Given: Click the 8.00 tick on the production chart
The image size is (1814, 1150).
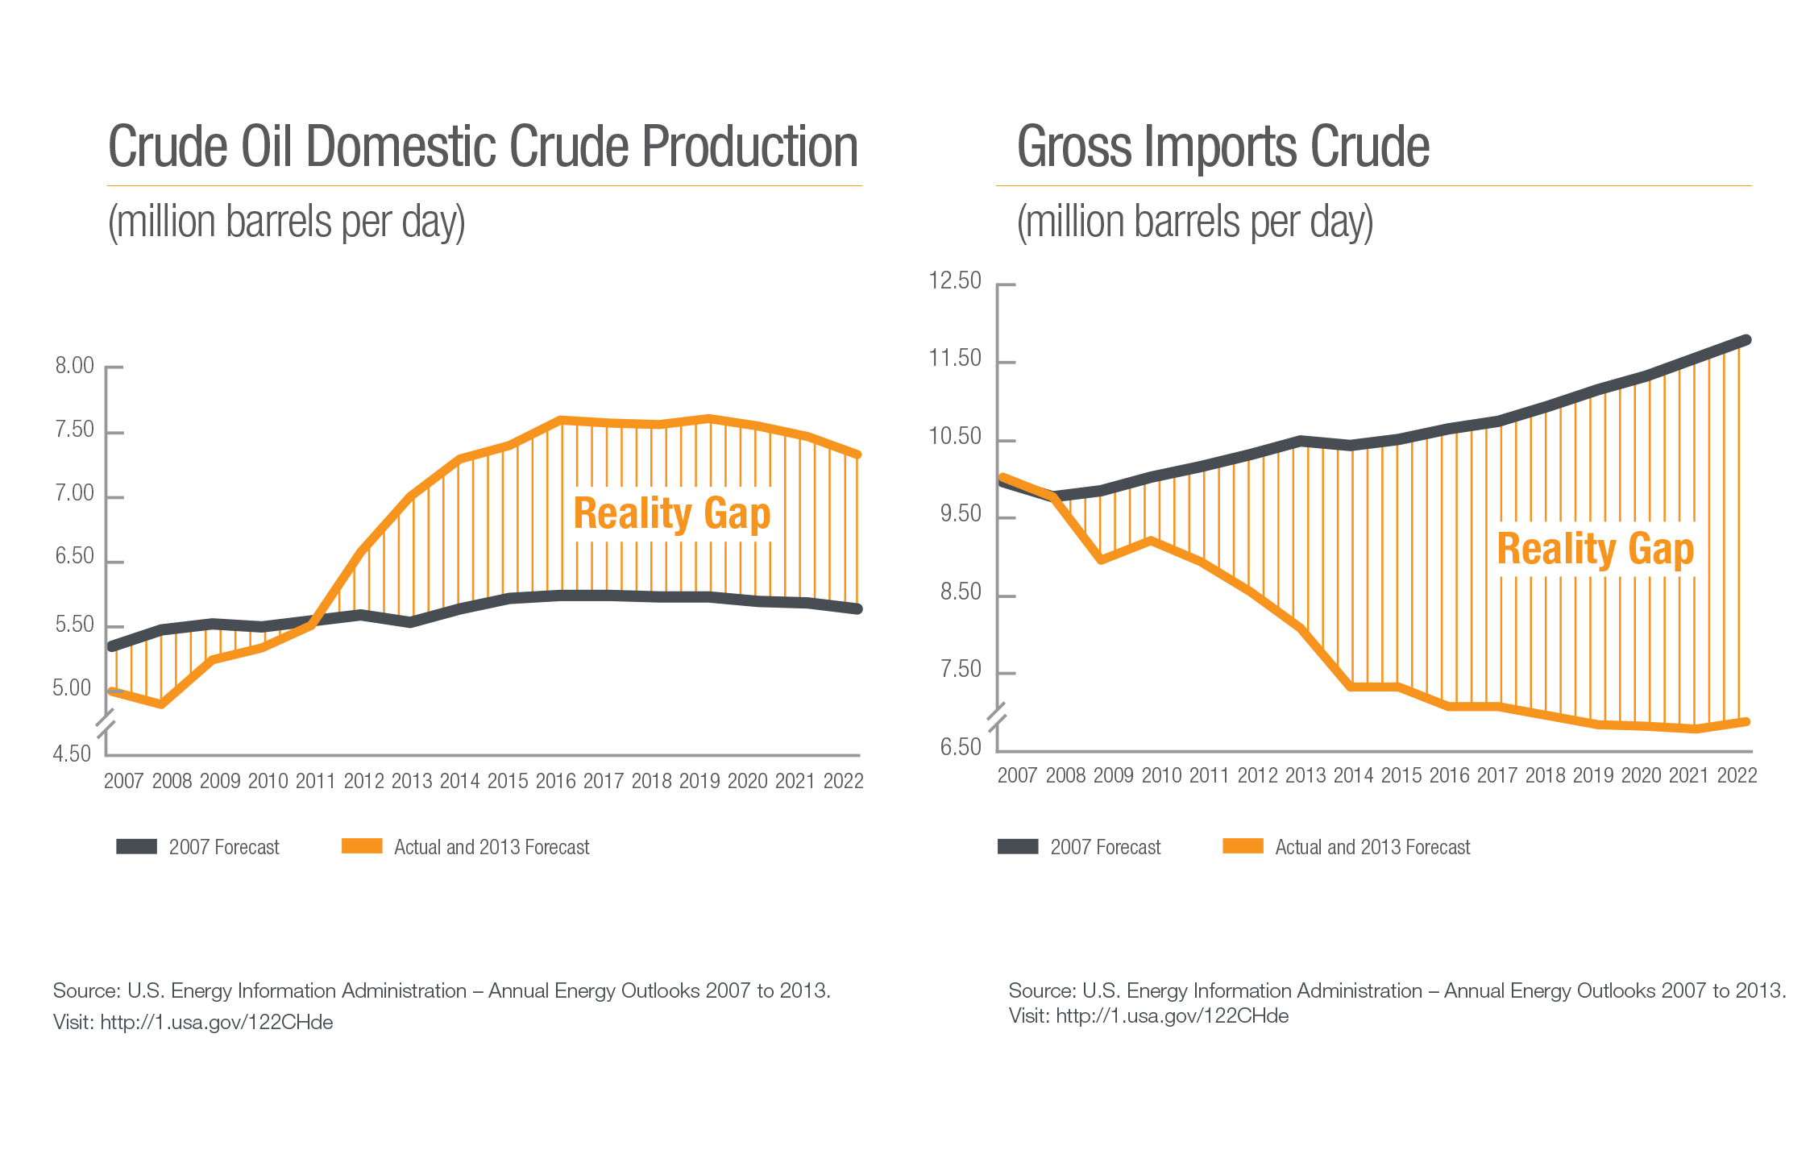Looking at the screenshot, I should click(75, 366).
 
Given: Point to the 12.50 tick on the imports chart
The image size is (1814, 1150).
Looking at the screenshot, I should click(955, 280).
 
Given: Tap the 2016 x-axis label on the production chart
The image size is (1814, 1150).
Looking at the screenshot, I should click(556, 781).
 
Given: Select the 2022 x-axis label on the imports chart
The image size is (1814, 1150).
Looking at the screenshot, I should click(1737, 775).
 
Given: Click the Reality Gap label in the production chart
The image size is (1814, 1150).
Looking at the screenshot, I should click(672, 514).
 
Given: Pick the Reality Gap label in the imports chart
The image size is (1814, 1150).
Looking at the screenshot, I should click(1596, 550).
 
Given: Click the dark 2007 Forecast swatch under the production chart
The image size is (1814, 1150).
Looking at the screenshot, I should click(136, 846).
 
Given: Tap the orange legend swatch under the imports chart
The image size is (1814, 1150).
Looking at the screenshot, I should click(1243, 846).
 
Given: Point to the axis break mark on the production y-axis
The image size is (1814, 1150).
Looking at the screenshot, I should click(106, 724).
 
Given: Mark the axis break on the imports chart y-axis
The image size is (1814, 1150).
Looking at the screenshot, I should click(997, 716).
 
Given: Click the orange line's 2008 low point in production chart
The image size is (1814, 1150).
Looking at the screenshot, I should click(162, 704).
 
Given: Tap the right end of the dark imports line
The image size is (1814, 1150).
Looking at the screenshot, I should click(1746, 340).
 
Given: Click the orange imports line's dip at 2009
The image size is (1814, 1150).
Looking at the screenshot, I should click(1102, 559).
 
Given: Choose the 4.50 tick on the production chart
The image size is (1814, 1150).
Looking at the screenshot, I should click(72, 754).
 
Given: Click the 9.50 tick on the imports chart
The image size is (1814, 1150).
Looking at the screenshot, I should click(961, 513).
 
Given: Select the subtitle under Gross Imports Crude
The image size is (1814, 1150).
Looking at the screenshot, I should click(1194, 222).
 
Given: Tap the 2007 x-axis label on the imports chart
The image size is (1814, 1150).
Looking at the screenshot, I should click(1017, 775).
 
